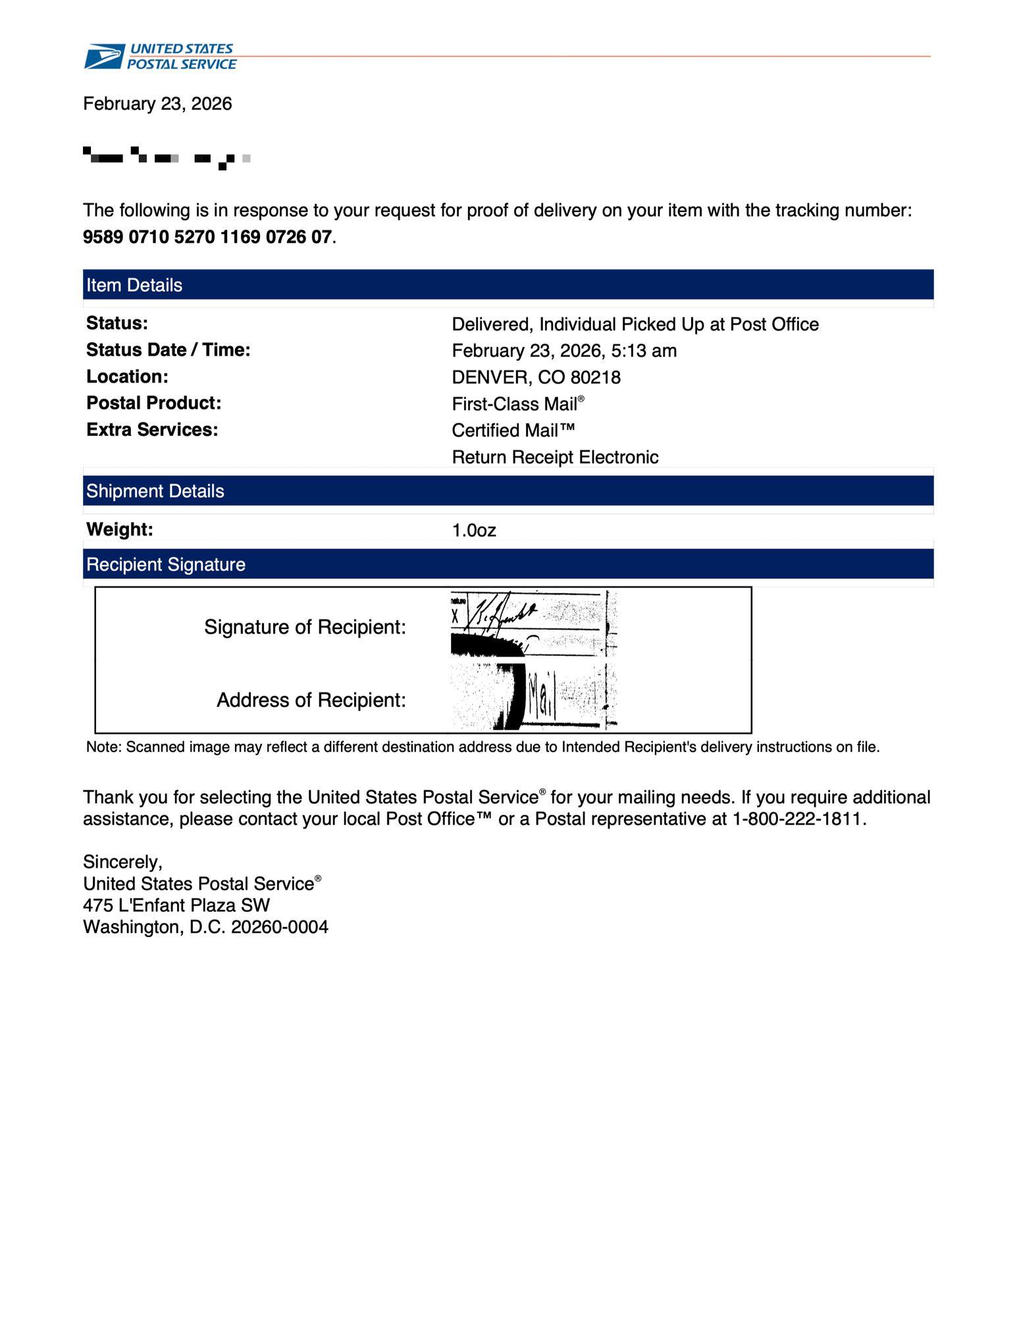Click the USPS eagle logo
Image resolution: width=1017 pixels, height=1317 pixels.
point(104,57)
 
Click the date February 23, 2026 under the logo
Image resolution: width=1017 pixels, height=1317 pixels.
point(157,104)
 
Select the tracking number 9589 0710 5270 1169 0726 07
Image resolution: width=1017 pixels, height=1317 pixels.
point(207,237)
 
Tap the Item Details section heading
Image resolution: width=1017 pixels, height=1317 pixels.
point(134,285)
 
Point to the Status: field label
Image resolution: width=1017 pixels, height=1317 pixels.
point(117,323)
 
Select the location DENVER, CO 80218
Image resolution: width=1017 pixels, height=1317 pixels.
point(536,377)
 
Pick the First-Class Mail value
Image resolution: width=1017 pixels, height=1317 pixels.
point(515,404)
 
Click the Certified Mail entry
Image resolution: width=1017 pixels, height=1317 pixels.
point(513,431)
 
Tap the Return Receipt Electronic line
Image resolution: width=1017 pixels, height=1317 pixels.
point(555,457)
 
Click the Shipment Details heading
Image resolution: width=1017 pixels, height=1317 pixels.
point(155,491)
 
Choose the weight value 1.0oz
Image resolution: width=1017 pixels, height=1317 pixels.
point(474,530)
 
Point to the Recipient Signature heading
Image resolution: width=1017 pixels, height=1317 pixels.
point(166,564)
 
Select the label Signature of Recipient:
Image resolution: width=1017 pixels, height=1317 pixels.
point(305,627)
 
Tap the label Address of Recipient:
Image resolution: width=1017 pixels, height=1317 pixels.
point(311,699)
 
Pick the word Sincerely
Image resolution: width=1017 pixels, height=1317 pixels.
point(121,862)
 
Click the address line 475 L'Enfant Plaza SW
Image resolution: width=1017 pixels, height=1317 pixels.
point(176,905)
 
